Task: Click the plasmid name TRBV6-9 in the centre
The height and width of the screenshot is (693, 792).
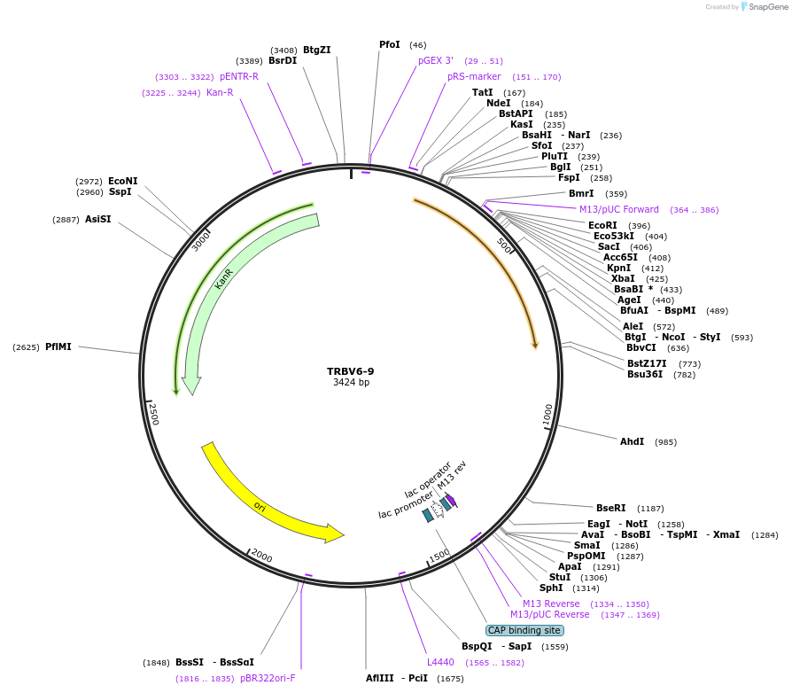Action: (x=350, y=371)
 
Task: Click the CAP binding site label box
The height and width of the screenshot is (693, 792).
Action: (x=524, y=630)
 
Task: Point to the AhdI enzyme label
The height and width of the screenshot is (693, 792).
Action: (x=632, y=441)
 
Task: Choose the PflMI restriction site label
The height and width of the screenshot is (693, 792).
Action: (x=58, y=346)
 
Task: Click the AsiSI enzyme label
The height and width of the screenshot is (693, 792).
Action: (x=98, y=219)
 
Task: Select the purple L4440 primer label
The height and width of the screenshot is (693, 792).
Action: (x=440, y=662)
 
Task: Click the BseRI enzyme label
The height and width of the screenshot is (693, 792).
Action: (x=610, y=508)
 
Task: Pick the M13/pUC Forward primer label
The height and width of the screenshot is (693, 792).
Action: (x=619, y=209)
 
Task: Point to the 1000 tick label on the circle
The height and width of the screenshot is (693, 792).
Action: (x=548, y=415)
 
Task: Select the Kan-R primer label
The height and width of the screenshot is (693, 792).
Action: (x=220, y=92)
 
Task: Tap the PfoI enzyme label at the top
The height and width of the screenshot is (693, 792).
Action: (x=390, y=44)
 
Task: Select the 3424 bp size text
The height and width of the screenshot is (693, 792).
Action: (x=351, y=383)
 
